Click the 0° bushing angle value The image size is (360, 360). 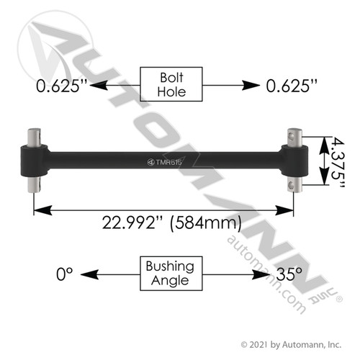click(66, 274)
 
